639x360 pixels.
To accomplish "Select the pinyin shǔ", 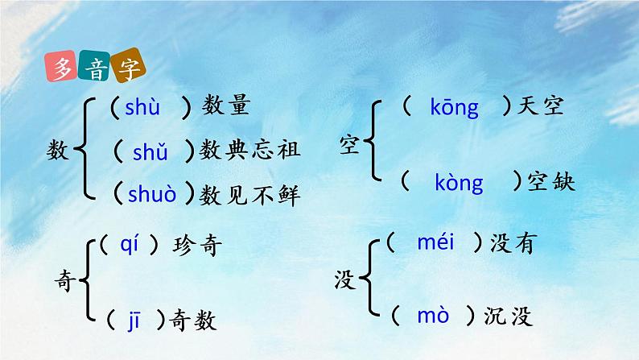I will pyautogui.click(x=150, y=150).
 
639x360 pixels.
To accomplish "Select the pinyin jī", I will pyautogui.click(x=134, y=320).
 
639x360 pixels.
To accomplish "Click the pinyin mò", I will pyautogui.click(x=432, y=316).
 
